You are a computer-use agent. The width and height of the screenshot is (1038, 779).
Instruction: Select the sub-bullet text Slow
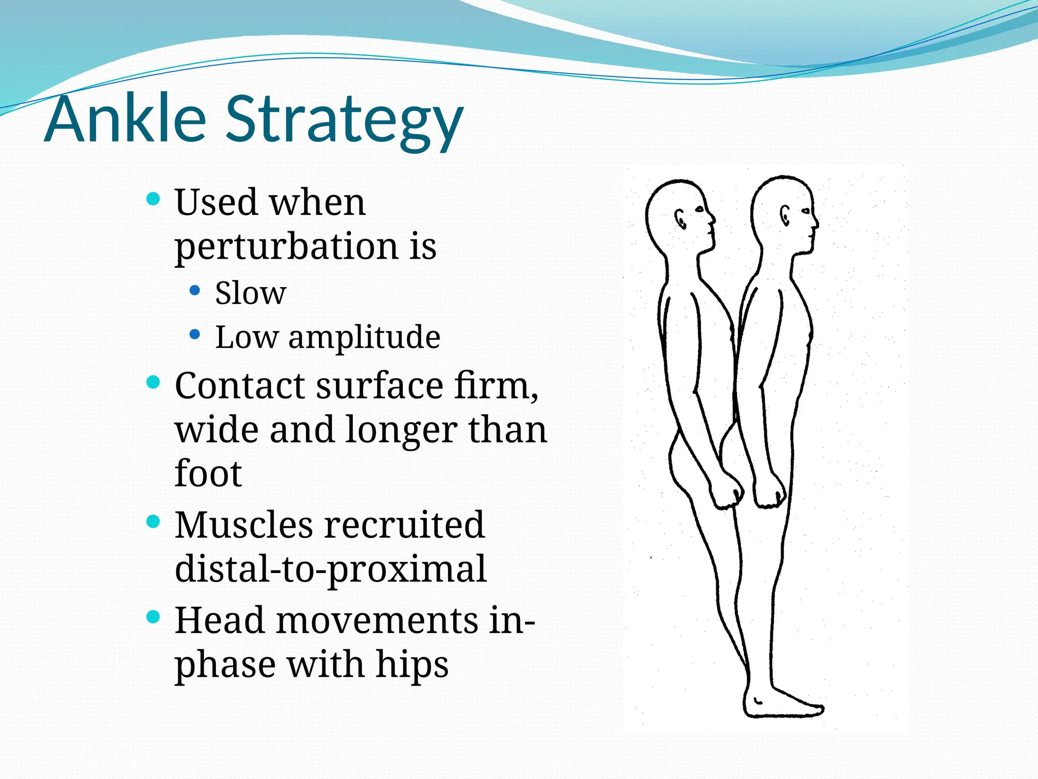(x=250, y=293)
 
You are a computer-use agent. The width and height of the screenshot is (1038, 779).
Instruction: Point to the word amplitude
(x=364, y=337)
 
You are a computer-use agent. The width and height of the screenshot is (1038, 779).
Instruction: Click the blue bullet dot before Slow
(x=195, y=291)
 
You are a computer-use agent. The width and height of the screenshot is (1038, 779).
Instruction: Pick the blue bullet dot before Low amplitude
(x=195, y=335)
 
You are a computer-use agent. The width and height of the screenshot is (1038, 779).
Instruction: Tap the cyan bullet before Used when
(x=153, y=198)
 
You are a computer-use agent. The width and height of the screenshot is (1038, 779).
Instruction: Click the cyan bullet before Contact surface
(x=153, y=382)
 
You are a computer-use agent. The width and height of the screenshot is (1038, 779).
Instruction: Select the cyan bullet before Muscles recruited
(x=153, y=521)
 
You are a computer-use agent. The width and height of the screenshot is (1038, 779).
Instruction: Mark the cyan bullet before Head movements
(x=153, y=616)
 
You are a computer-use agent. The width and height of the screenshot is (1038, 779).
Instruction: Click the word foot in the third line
(x=208, y=474)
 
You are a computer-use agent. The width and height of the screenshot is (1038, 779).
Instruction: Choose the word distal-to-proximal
(x=330, y=569)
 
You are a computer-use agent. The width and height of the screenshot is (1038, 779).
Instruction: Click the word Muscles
(x=244, y=525)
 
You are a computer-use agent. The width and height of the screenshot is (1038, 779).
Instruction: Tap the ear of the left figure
(x=681, y=219)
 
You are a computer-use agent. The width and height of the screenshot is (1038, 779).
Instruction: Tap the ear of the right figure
(x=785, y=215)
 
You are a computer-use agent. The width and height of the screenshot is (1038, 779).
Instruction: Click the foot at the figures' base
(x=783, y=705)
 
